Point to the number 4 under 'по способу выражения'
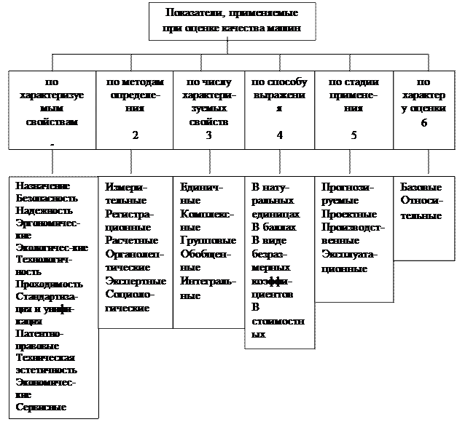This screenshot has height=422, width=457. [x=279, y=135]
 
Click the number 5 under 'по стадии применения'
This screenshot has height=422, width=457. [x=354, y=135]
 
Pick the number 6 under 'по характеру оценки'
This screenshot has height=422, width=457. [x=424, y=123]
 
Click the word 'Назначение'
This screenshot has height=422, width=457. [x=41, y=186]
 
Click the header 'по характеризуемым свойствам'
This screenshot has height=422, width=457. [x=52, y=103]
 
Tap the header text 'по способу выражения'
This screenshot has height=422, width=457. [x=279, y=95]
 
